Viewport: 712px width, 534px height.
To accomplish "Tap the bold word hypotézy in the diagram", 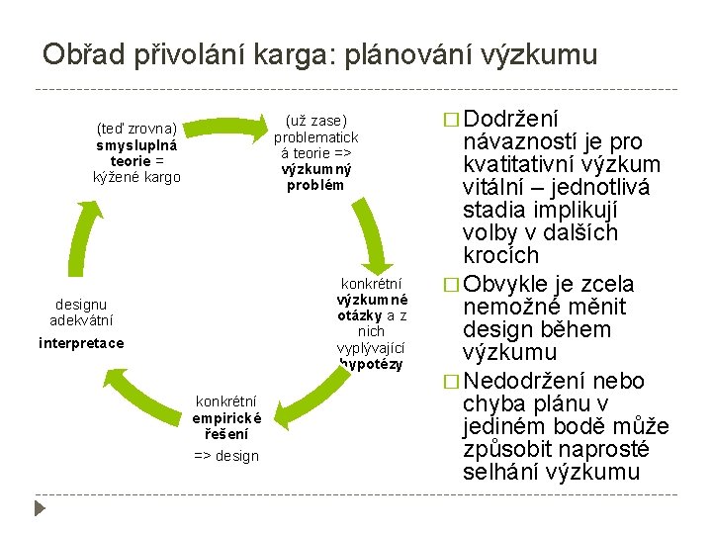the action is click(x=372, y=364).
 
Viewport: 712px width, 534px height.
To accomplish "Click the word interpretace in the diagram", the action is click(x=81, y=343).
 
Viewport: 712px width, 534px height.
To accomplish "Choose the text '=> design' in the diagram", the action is click(x=226, y=455).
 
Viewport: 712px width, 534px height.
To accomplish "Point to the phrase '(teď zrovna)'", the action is click(x=136, y=128).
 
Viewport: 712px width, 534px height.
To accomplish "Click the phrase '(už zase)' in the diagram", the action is click(x=315, y=121).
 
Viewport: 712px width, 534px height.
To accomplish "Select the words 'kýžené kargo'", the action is click(x=136, y=177).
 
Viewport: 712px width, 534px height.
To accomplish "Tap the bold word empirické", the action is click(x=226, y=417).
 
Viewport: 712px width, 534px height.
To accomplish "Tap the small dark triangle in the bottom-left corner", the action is click(x=41, y=509).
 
